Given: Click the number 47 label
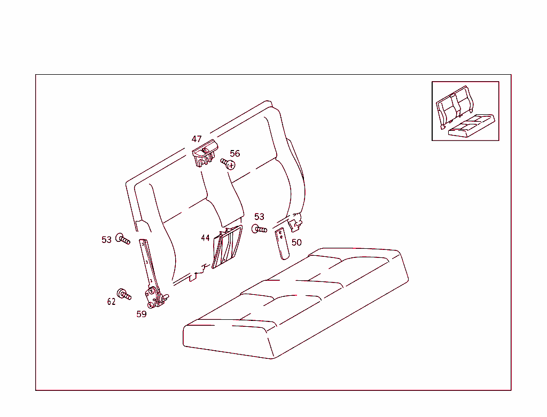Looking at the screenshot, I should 197,139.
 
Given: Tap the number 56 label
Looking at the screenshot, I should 235,153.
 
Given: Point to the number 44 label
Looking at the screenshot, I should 205,238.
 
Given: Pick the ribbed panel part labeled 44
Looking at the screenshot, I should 226,246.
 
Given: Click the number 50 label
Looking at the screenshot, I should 296,242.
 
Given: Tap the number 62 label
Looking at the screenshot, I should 111,302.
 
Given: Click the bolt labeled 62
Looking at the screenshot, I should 124,294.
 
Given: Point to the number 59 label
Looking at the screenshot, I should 141,314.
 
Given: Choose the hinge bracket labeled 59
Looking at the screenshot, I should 154,297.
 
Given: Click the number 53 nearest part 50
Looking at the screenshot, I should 259,217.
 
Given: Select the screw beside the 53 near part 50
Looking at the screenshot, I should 259,230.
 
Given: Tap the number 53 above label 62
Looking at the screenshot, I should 107,240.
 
